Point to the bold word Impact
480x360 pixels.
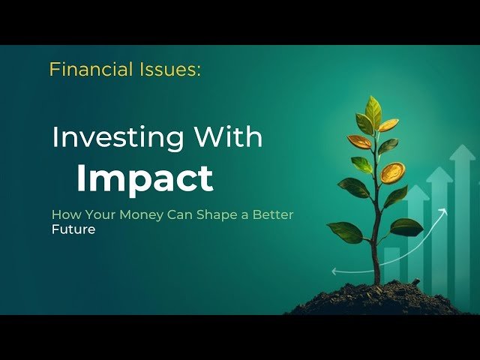click(145, 178)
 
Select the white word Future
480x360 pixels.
click(73, 229)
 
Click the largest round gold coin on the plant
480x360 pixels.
click(392, 173)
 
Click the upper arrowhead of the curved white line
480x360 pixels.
click(443, 212)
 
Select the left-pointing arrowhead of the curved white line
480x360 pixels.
click(334, 271)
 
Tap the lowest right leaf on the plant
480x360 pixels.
click(406, 226)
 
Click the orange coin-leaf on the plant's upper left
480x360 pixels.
click(359, 141)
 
